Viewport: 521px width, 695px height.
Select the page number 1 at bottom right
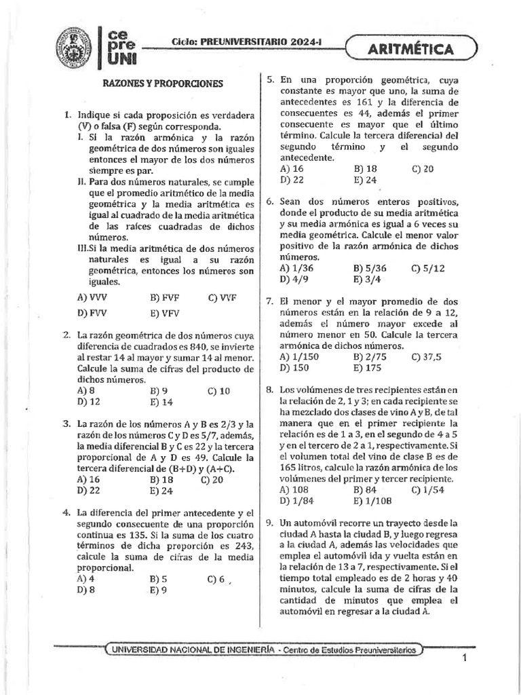click(x=465, y=658)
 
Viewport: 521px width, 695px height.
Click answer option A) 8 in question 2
click(x=85, y=391)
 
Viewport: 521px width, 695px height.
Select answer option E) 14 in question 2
click(x=161, y=402)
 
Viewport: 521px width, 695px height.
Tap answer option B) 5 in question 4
click(x=159, y=579)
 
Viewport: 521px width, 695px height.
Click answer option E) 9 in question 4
click(x=159, y=590)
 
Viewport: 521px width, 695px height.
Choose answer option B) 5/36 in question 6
click(x=372, y=268)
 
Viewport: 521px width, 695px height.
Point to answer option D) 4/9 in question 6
click(x=293, y=279)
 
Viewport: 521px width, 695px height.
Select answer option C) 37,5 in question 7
click(x=426, y=357)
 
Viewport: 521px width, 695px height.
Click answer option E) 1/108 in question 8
click(x=372, y=501)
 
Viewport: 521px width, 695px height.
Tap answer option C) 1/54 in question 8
click(x=427, y=490)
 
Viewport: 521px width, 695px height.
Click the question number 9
click(x=269, y=523)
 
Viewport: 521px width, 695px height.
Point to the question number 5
click(x=269, y=80)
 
